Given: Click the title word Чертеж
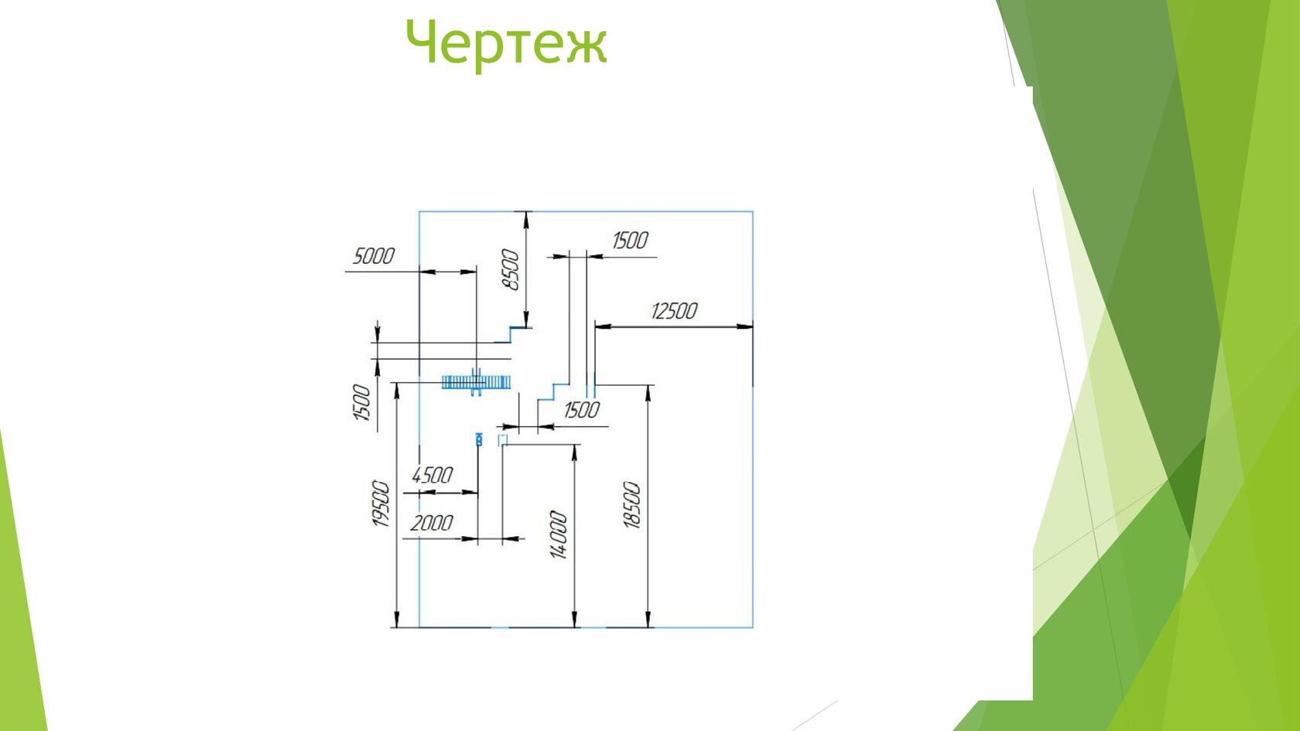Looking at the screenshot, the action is pos(506,44).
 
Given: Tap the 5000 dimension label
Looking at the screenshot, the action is pos(374,256).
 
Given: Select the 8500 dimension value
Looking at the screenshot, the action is pos(510,269).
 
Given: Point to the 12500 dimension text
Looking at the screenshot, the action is pos(675,311).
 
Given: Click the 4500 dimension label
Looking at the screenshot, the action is pos(432,476).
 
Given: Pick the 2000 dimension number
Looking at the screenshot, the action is pos(431,523).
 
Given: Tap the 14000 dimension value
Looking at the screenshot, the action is pos(559,535).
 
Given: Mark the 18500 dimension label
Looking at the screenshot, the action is pos(632,504).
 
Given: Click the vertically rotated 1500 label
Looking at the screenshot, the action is pos(361,402).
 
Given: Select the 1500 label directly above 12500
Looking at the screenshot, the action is pos(630,240).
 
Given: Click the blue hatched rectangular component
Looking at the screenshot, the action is pos(476,382).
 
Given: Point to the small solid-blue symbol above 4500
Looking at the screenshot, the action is pos(479,439).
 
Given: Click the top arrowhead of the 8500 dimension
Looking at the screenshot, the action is pos(526,220).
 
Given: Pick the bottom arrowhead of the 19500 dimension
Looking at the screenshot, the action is pos(397,619).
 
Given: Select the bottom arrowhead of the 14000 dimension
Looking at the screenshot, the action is pos(574,619).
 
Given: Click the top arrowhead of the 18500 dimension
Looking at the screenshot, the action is pos(648,393).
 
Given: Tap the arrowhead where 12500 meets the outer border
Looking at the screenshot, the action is pos(744,326).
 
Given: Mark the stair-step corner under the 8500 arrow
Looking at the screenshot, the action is pos(510,328).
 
